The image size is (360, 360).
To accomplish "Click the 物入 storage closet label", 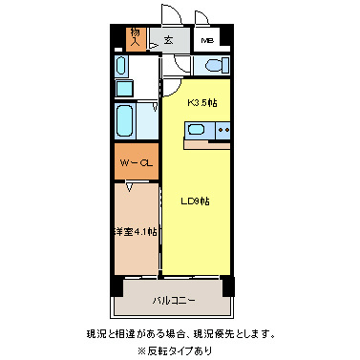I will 135,37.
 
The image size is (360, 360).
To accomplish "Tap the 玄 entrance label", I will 168,40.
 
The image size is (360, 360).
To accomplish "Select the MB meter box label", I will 206,41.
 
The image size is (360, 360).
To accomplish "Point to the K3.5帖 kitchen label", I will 201,102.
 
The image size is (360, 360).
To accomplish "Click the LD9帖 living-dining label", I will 196,201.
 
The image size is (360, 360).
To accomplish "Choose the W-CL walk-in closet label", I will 136,163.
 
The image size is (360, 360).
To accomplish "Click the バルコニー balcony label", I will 174,300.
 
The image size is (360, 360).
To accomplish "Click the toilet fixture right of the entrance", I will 209,66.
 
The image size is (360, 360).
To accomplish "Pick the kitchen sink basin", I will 197,131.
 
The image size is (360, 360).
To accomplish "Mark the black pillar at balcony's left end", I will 116,286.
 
